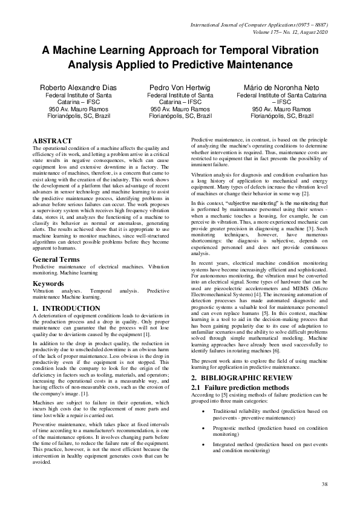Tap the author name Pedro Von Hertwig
coord(180,88)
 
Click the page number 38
coord(324,484)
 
